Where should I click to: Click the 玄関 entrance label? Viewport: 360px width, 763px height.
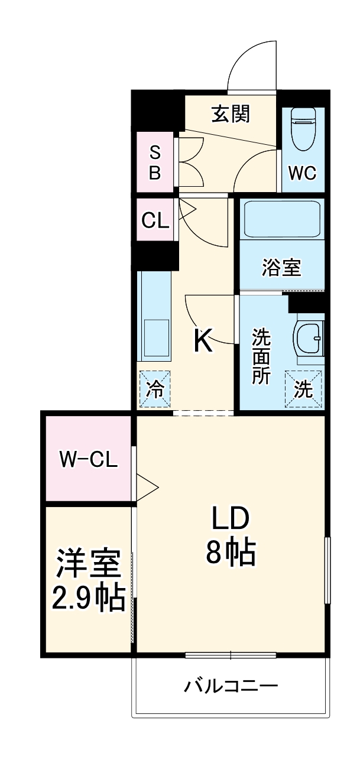231,113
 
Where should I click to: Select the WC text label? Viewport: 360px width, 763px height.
302,173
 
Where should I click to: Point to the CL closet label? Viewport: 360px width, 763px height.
155,220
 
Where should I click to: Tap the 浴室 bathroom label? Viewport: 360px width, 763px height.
282,268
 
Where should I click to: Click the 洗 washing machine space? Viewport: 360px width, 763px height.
303,389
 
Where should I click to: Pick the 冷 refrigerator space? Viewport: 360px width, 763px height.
155,389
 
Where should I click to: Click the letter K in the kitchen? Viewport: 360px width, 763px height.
203,341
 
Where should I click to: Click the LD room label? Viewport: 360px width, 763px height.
231,520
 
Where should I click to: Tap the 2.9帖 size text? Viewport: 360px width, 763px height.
89,599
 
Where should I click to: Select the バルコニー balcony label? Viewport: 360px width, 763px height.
231,687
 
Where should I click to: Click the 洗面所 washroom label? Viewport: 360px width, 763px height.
261,356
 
